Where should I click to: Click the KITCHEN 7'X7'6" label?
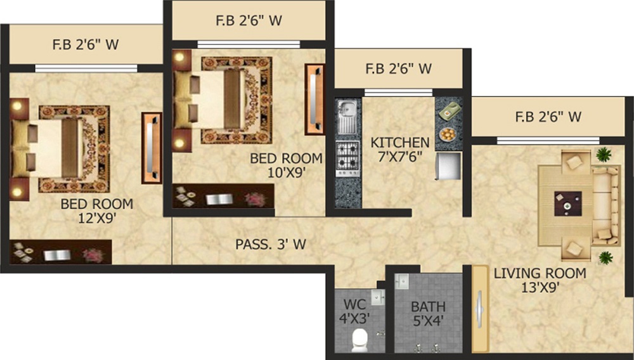click(400, 149)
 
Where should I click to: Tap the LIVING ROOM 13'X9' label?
click(540, 280)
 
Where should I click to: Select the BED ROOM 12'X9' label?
click(97, 210)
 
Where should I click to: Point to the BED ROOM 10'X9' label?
click(287, 165)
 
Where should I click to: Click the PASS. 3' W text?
click(271, 244)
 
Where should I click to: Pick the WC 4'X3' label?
click(354, 311)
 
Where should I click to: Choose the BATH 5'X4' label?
click(428, 314)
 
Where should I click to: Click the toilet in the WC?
click(359, 338)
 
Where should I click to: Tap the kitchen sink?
click(347, 117)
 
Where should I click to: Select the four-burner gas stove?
click(347, 159)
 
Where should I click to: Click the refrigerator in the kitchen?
click(448, 165)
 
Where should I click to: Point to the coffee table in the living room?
click(567, 204)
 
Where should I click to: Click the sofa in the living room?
click(606, 205)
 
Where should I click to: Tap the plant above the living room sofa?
click(604, 154)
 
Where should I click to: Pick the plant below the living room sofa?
click(605, 257)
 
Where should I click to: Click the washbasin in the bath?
click(402, 281)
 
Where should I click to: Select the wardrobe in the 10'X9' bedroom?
click(315, 100)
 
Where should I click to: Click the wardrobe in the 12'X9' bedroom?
click(152, 148)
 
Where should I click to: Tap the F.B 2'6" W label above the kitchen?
click(399, 68)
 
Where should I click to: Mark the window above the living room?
click(548, 141)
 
